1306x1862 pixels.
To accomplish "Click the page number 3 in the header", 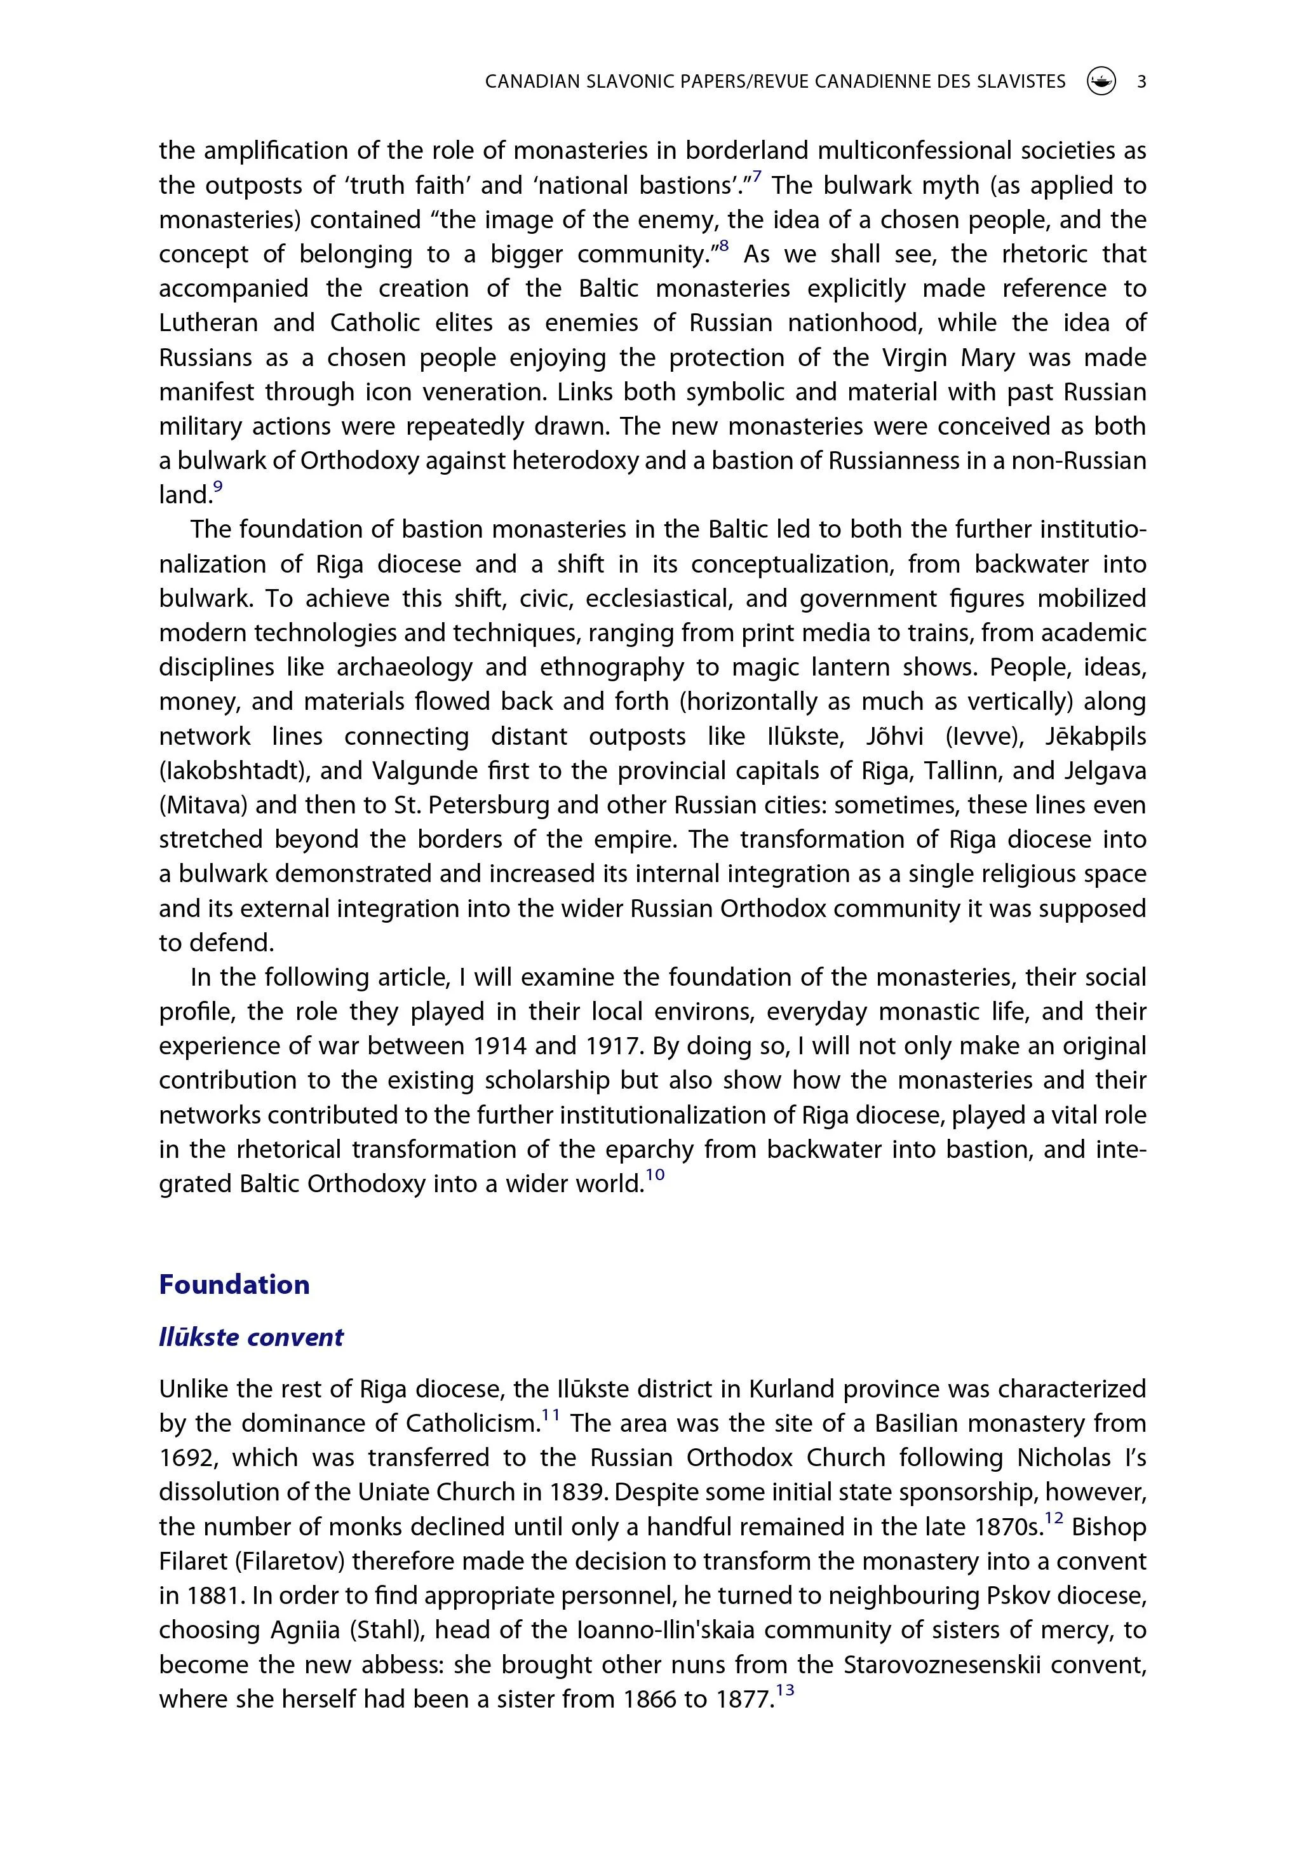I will pos(1141,81).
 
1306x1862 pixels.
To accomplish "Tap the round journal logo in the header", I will pos(1101,81).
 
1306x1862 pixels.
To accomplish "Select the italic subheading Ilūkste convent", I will pos(252,1337).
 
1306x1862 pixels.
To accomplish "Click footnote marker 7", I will pos(757,177).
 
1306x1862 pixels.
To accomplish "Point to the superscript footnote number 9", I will pos(217,487).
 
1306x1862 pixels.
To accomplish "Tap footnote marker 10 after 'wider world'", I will pos(655,1176).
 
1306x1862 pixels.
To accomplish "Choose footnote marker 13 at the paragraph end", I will pos(784,1691).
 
